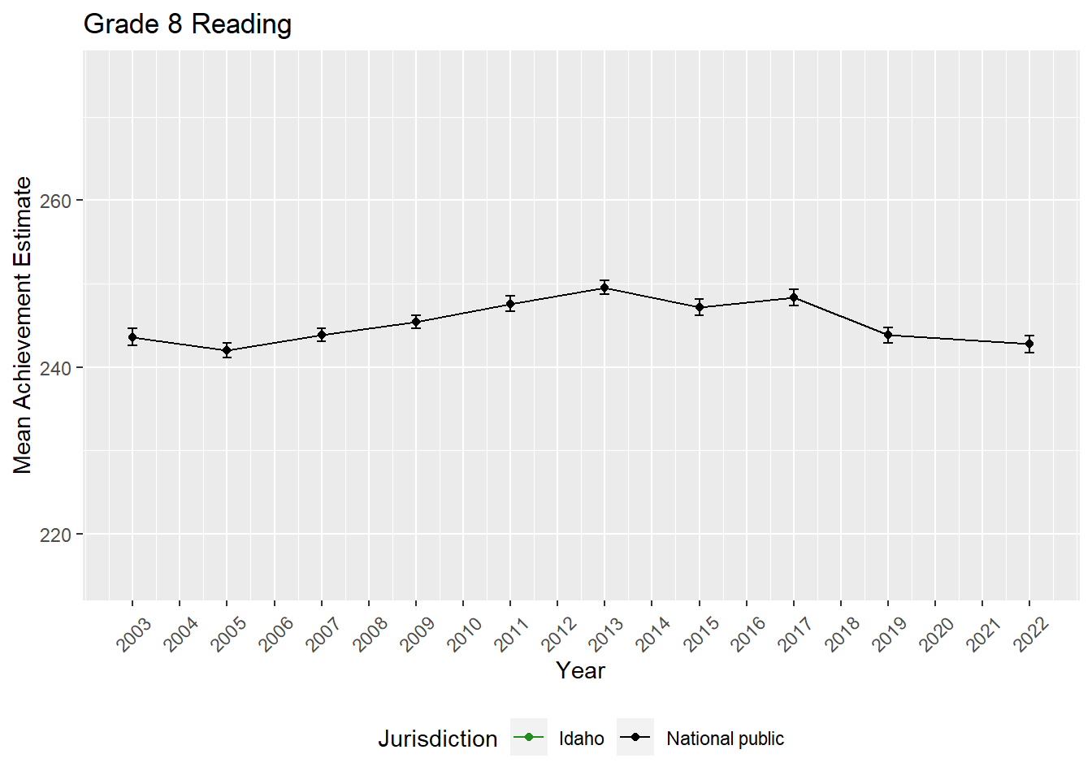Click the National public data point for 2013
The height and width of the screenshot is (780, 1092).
coord(604,288)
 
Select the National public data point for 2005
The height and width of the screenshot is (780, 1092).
coord(227,350)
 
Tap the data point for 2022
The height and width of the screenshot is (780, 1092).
coord(1029,344)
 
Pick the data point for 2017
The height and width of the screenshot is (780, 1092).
coord(794,297)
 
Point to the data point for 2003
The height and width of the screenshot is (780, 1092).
coord(132,337)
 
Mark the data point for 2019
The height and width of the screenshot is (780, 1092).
coord(888,335)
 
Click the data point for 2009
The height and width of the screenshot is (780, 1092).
coord(416,322)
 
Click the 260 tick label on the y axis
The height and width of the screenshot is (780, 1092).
coord(56,201)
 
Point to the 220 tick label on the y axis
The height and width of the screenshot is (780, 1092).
coord(56,535)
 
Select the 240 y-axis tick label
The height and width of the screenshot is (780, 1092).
coord(56,368)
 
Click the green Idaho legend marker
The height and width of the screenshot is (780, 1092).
coord(529,738)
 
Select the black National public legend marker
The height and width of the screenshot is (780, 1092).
coord(635,738)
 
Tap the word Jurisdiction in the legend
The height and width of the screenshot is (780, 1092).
coord(437,739)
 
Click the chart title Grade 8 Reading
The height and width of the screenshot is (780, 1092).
coord(188,24)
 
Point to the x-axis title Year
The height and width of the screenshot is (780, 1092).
coord(580,670)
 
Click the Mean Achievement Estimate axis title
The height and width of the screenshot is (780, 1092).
coord(23,325)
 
